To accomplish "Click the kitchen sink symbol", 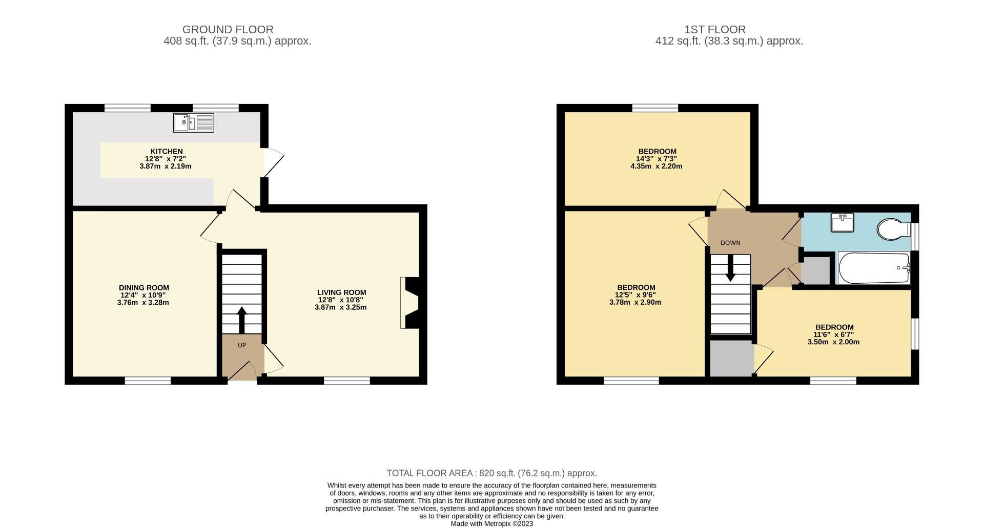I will point(193,123).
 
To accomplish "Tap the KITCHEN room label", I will point(166,152).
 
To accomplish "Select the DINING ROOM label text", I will point(143,288).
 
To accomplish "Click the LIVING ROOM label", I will point(341,292).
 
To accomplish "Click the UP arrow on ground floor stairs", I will point(241,320).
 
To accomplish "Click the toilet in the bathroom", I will point(893,229).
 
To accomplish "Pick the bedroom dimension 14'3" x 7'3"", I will point(657,159).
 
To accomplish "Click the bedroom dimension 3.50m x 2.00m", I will point(833,342).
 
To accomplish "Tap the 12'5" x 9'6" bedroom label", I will point(635,295).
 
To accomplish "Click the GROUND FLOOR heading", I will point(228,30).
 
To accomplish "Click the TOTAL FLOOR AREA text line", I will point(491,473).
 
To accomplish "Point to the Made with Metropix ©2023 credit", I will point(491,524).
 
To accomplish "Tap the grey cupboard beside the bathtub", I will point(815,271).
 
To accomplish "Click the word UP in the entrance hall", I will point(242,345).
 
